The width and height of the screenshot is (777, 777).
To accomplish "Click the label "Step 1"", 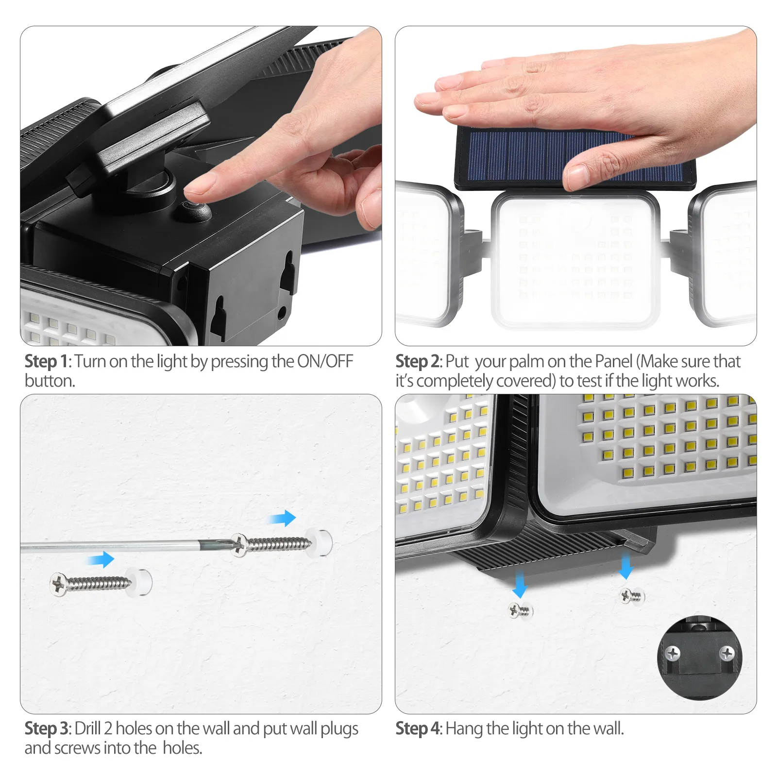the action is (x=46, y=361).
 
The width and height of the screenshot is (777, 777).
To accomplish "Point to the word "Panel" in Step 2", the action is (x=614, y=361).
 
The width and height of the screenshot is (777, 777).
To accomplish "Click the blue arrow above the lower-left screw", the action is (x=101, y=559).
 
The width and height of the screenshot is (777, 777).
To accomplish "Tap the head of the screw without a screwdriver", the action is (x=59, y=584).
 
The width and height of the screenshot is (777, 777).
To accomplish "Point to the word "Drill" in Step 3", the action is (x=88, y=728).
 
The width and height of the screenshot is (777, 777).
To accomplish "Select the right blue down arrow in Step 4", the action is (x=626, y=566).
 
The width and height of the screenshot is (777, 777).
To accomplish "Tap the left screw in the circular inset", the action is (x=673, y=654).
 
